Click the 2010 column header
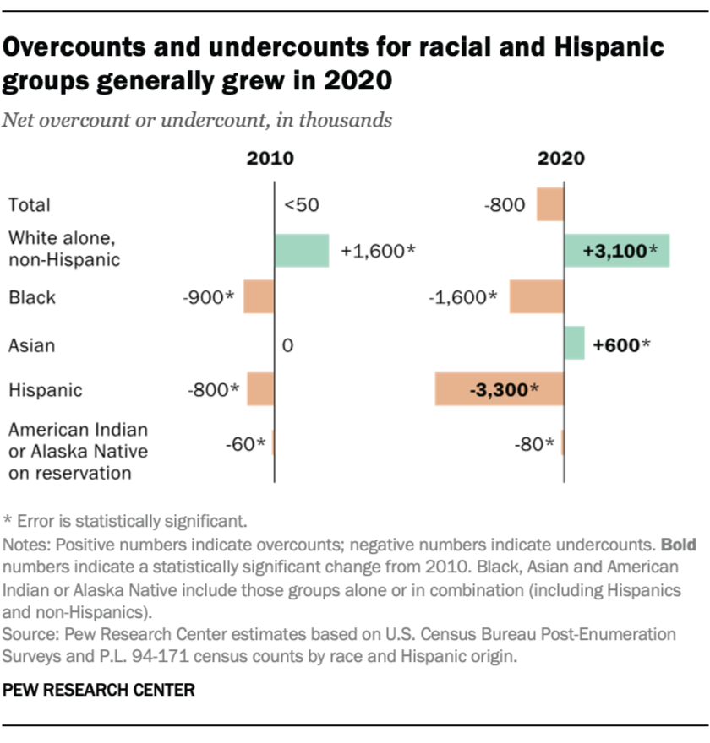tap(270, 159)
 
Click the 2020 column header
tap(561, 159)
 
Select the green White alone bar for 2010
tap(302, 251)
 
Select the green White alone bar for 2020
tap(617, 251)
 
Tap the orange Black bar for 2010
tap(259, 297)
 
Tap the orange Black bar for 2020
tap(537, 297)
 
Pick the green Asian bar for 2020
tap(575, 344)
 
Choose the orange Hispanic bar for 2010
tap(260, 389)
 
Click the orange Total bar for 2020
tap(550, 204)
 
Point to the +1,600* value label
tap(377, 251)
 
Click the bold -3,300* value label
tap(500, 390)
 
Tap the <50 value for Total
tap(303, 204)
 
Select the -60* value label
tap(246, 443)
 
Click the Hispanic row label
tap(45, 390)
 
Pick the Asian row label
tap(31, 344)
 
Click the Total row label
tap(30, 204)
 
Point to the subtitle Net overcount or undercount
tap(197, 120)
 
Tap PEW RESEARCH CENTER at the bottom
tap(99, 690)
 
